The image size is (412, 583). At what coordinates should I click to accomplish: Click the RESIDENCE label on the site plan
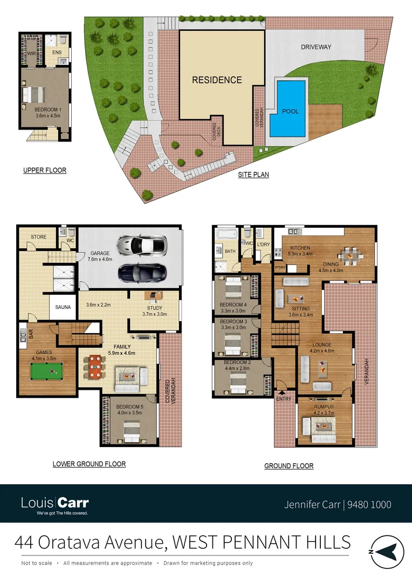[217, 80]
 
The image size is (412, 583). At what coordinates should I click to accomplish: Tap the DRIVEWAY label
[316, 47]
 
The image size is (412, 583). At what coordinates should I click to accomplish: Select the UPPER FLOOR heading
[45, 170]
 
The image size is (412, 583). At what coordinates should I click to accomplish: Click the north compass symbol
[384, 551]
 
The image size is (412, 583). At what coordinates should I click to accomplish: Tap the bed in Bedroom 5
[131, 429]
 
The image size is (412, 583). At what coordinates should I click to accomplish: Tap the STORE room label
[38, 237]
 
